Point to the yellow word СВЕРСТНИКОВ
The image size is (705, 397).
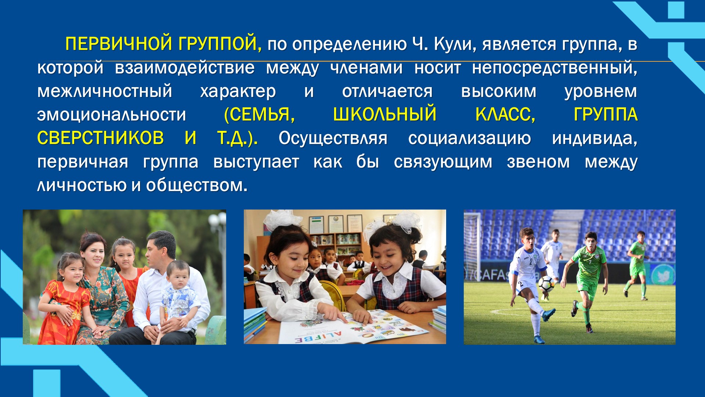click(x=100, y=138)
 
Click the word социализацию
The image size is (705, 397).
click(x=469, y=139)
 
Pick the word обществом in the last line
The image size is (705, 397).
click(x=197, y=185)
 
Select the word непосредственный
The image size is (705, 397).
click(x=554, y=68)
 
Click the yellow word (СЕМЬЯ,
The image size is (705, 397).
click(x=259, y=114)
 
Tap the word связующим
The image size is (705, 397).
click(x=443, y=162)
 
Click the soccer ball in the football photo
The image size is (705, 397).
click(x=546, y=283)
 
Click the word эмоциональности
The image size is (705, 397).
click(x=112, y=115)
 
